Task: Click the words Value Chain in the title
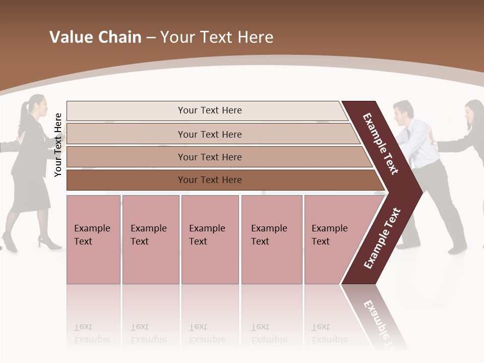95,37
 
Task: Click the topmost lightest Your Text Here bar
209,110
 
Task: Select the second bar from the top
209,134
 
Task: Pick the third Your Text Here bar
209,157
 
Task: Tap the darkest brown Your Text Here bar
209,179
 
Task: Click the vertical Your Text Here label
58,145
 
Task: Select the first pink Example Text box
93,239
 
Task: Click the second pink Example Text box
150,239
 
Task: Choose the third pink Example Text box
210,239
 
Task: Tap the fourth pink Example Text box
271,239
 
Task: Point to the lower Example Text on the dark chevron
382,238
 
